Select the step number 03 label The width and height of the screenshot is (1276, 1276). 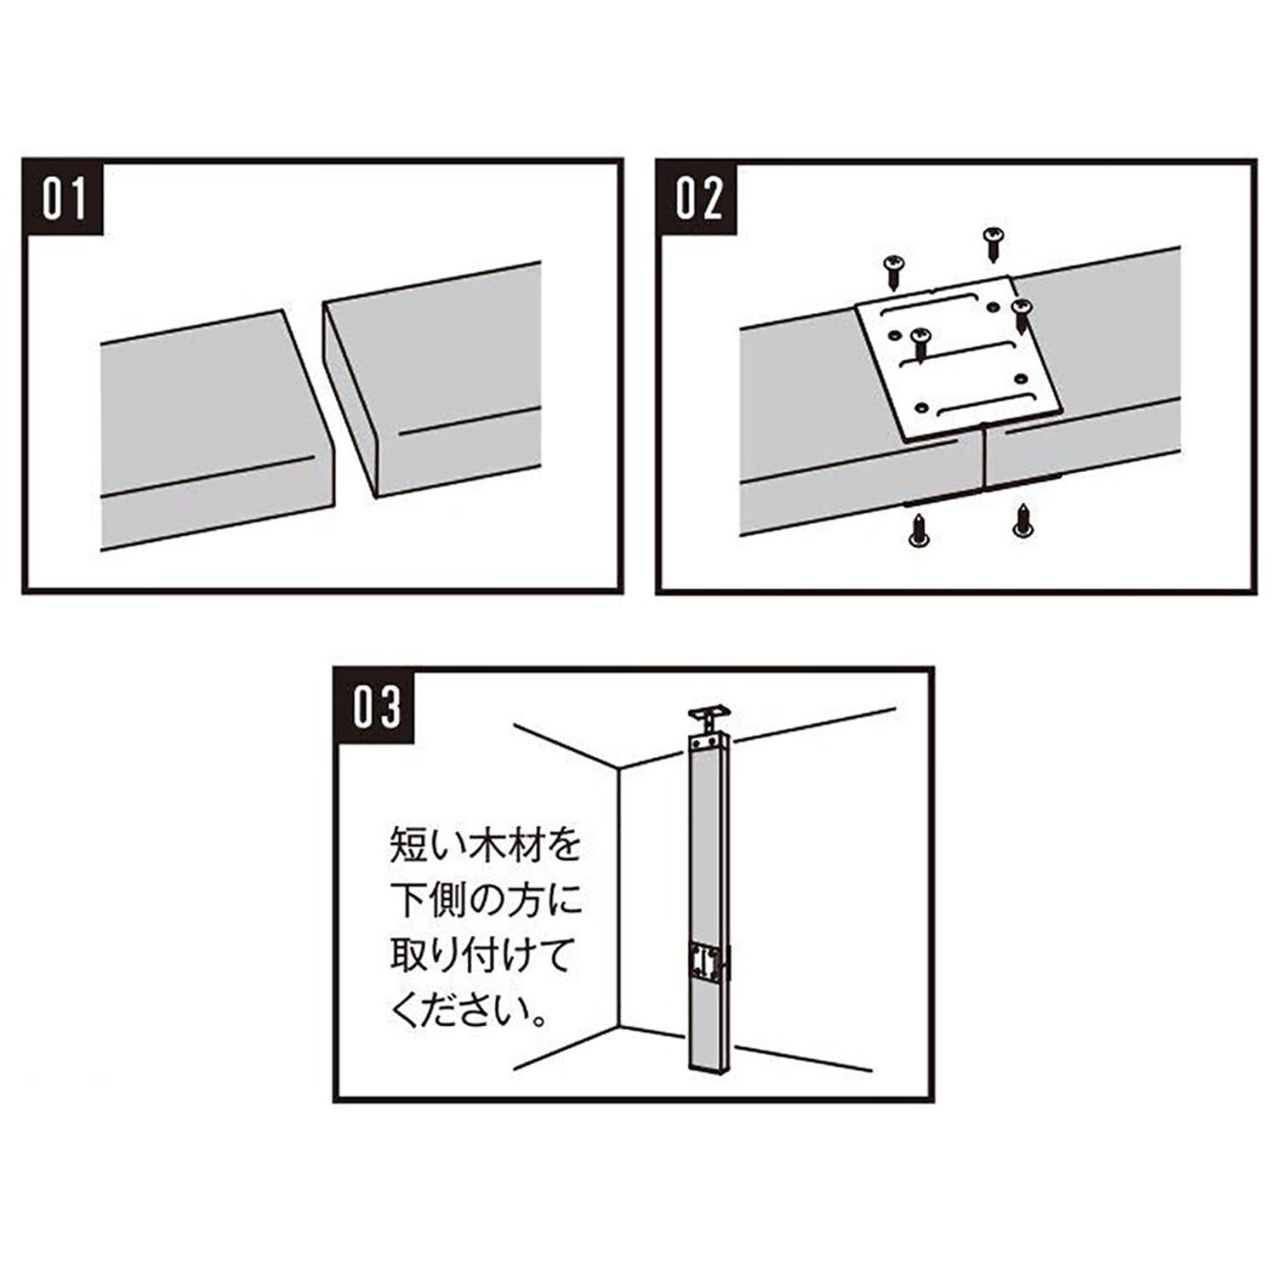click(377, 707)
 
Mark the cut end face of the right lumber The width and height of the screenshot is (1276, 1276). click(349, 400)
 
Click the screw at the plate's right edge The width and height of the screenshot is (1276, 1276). click(1020, 316)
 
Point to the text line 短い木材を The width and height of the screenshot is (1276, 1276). click(485, 847)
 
